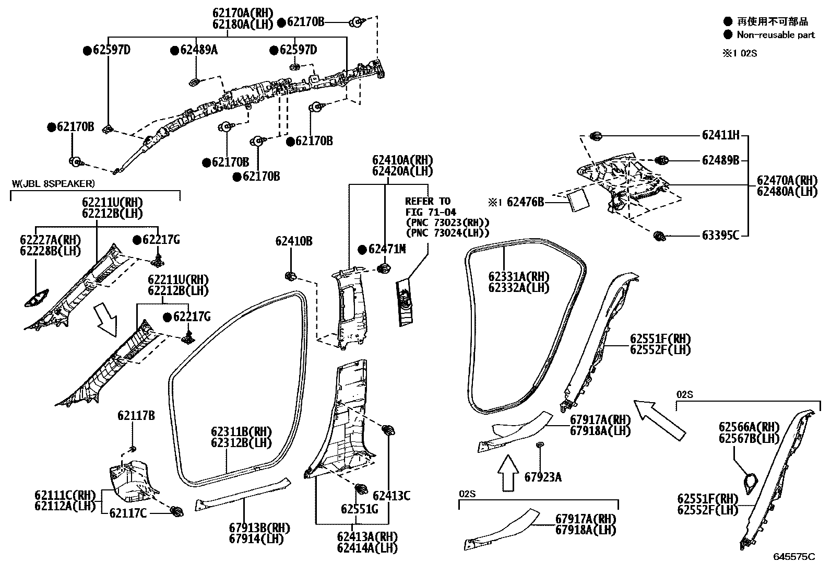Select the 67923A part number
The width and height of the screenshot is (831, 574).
[543, 476]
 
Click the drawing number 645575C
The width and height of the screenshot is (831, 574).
[793, 557]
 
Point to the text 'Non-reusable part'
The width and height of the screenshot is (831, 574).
[775, 35]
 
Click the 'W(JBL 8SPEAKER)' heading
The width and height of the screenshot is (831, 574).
[53, 183]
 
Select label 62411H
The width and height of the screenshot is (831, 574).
[720, 135]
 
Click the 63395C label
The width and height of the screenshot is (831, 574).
[720, 236]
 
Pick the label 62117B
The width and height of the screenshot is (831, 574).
[136, 416]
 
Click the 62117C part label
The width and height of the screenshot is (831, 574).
[128, 513]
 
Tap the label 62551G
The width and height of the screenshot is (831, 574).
[359, 509]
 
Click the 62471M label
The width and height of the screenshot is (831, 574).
[386, 249]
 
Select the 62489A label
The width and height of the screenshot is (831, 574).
[198, 50]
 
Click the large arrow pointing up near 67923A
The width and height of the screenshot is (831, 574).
[506, 472]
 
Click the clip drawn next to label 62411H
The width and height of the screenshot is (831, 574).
[596, 136]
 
